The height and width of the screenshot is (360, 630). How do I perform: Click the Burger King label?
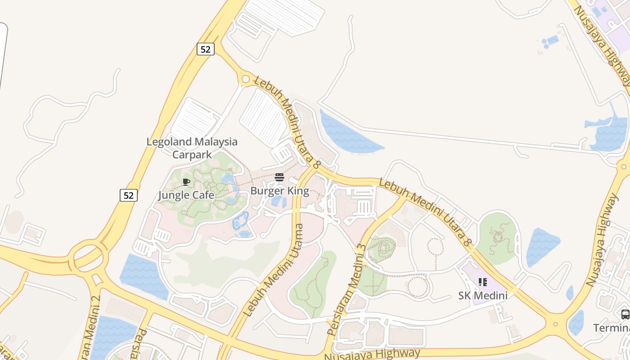(x=279, y=191)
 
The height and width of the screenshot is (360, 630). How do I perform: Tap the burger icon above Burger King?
(x=279, y=178)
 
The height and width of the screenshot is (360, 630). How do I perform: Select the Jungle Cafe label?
(x=186, y=195)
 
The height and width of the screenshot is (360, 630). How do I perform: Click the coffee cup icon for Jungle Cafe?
(x=186, y=182)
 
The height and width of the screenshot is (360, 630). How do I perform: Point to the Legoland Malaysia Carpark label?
(x=192, y=148)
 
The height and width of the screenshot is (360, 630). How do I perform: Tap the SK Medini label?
(x=483, y=296)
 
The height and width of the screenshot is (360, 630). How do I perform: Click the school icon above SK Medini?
(x=483, y=282)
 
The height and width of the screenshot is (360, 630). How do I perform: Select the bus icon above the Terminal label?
(x=625, y=315)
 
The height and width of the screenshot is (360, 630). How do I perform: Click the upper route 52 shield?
(x=205, y=49)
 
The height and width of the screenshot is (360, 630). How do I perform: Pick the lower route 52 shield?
(x=129, y=195)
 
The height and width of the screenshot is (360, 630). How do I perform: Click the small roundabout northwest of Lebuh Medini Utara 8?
(x=245, y=80)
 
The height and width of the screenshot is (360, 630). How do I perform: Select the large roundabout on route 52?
(x=88, y=257)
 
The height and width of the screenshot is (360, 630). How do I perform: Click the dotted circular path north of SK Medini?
(x=435, y=247)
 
